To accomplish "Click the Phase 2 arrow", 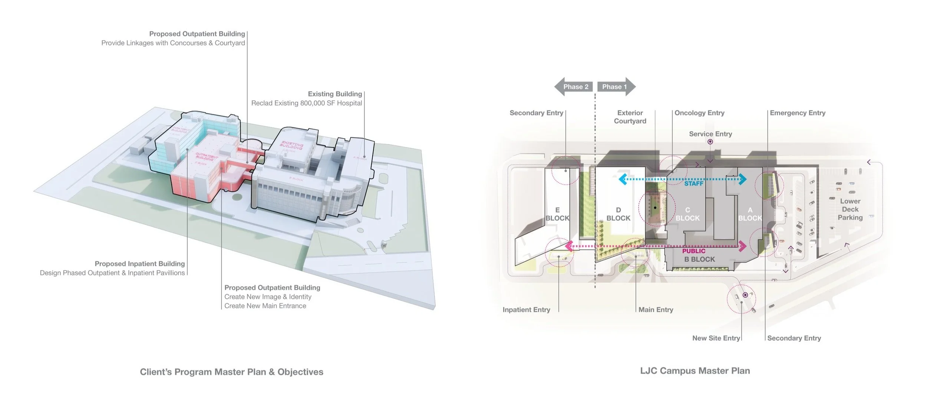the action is pyautogui.click(x=574, y=87).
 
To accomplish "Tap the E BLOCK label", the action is pyautogui.click(x=557, y=214).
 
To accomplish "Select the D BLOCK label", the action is pyautogui.click(x=618, y=214).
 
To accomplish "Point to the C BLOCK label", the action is pyautogui.click(x=687, y=214).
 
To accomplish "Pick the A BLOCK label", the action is pyautogui.click(x=750, y=214).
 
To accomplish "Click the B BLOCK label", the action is pyautogui.click(x=699, y=260).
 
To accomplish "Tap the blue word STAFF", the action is pyautogui.click(x=694, y=184).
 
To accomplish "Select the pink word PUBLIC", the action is pyautogui.click(x=694, y=251).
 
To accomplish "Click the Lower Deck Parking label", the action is pyautogui.click(x=850, y=210).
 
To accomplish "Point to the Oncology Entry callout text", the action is pyautogui.click(x=699, y=113).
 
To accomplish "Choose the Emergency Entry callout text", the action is pyautogui.click(x=798, y=113).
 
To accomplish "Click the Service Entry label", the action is pyautogui.click(x=710, y=134).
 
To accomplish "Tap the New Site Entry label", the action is pyautogui.click(x=716, y=338).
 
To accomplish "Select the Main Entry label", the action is pyautogui.click(x=656, y=310).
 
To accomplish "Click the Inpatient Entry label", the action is pyautogui.click(x=526, y=310).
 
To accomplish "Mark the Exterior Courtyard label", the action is pyautogui.click(x=630, y=117).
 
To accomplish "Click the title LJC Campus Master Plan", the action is pyautogui.click(x=695, y=371).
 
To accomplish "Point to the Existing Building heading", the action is pyautogui.click(x=335, y=94).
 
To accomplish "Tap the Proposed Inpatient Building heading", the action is pyautogui.click(x=139, y=264).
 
